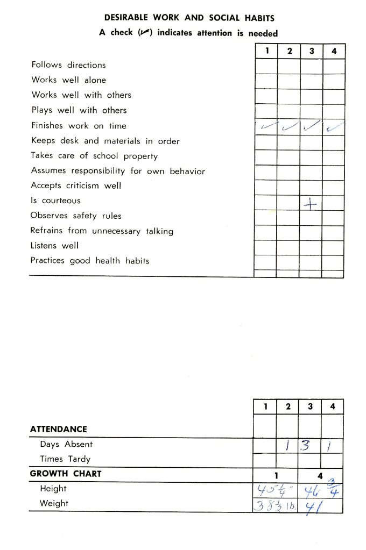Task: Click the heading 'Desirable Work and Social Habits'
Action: (x=188, y=18)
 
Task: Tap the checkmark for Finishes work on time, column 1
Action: (x=266, y=126)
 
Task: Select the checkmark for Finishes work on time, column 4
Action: (x=334, y=127)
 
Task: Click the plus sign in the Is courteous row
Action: (x=310, y=204)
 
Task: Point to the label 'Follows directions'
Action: (x=68, y=65)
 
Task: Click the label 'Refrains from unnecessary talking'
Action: (x=102, y=231)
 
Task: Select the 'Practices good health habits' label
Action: (x=89, y=261)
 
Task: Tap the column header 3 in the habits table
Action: (x=312, y=51)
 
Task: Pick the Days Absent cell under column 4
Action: (x=332, y=445)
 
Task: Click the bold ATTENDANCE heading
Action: (x=58, y=429)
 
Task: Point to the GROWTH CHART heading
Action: (x=65, y=474)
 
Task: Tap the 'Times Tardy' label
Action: (x=65, y=459)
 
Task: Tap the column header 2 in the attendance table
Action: (x=288, y=407)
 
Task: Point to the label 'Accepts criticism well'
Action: (x=76, y=185)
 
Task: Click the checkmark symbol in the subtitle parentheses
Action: (x=143, y=33)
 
